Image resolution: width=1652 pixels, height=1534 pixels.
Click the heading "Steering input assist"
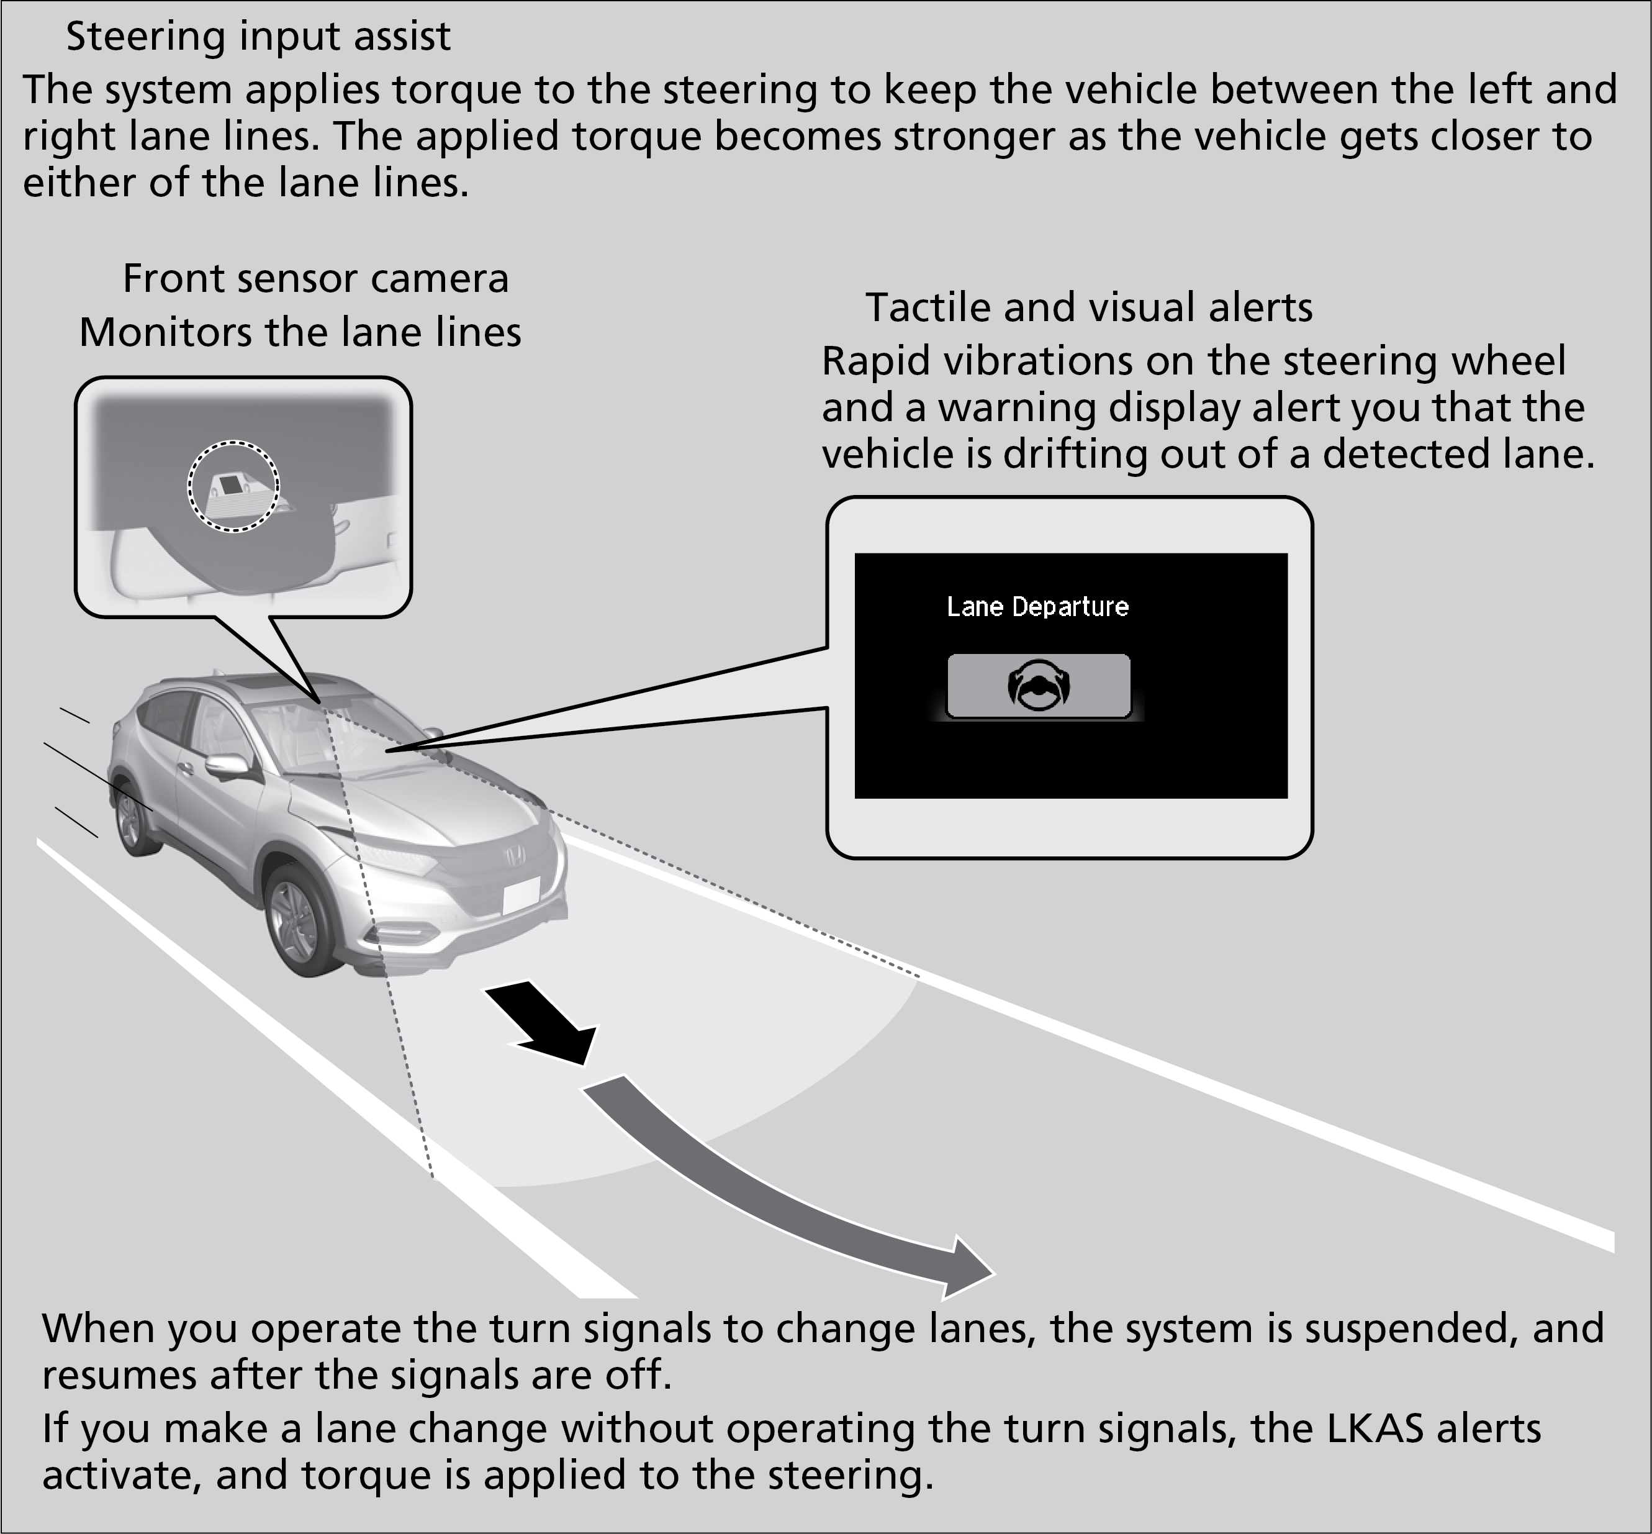258,37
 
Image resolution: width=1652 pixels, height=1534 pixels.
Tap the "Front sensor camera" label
315,279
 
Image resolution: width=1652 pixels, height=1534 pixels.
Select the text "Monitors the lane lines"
300,333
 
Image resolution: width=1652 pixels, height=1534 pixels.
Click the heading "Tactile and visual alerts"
1089,308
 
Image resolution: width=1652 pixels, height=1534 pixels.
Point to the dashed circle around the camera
233,486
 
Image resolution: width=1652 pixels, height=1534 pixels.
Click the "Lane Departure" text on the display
1037,607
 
